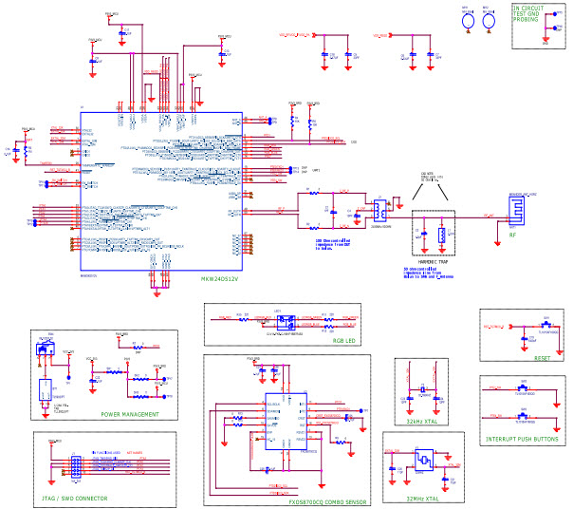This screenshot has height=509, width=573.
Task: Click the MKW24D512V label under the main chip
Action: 220,279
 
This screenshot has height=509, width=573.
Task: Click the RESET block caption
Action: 542,359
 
